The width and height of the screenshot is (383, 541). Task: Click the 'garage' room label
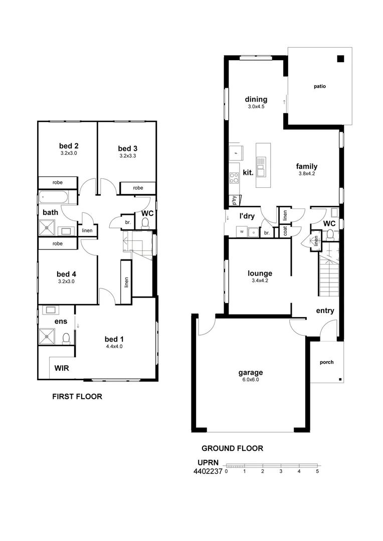[251, 372]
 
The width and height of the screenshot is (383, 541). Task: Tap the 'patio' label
[320, 86]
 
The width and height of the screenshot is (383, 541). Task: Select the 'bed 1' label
[114, 339]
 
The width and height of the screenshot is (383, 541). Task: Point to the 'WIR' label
[62, 368]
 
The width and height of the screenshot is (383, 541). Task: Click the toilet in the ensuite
[66, 339]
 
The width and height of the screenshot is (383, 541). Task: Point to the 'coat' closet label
[285, 231]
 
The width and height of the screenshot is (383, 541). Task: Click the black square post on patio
[340, 59]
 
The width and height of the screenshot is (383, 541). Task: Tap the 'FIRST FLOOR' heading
[77, 397]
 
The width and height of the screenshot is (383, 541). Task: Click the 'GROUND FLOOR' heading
[232, 448]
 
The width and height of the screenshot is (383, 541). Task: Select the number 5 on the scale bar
[317, 471]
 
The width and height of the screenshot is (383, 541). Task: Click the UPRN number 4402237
[208, 471]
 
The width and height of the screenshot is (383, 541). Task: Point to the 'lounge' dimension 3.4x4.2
[260, 281]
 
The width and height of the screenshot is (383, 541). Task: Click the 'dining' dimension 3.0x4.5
[256, 107]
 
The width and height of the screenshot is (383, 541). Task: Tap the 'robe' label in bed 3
[138, 188]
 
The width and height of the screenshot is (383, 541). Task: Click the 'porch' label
[326, 362]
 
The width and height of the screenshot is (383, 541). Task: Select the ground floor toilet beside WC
[330, 234]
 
